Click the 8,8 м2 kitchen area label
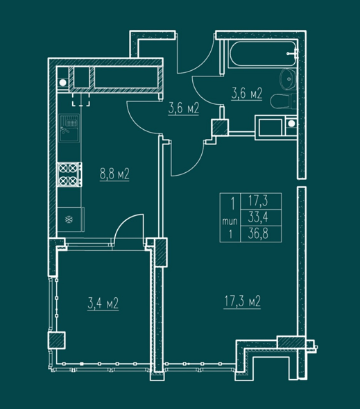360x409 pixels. pos(114,174)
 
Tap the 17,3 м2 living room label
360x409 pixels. pos(242,301)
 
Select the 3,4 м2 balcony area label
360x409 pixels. pos(103,303)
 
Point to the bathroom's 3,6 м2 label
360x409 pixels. pos(247,94)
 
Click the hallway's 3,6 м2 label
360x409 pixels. pos(184,108)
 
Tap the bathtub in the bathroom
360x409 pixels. pos(263,54)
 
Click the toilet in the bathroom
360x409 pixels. pos(283,101)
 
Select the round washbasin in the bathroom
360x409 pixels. pos(289,78)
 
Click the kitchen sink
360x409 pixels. pos(69,128)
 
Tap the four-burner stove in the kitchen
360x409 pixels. pos(70,174)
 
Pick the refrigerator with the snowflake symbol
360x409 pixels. pos(71,219)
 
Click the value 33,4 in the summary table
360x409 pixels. pos(258,217)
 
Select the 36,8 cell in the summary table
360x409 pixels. pos(258,233)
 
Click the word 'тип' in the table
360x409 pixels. pos(230,222)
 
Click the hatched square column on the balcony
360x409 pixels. pos(56,340)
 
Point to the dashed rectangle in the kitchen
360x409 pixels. pos(81,100)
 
